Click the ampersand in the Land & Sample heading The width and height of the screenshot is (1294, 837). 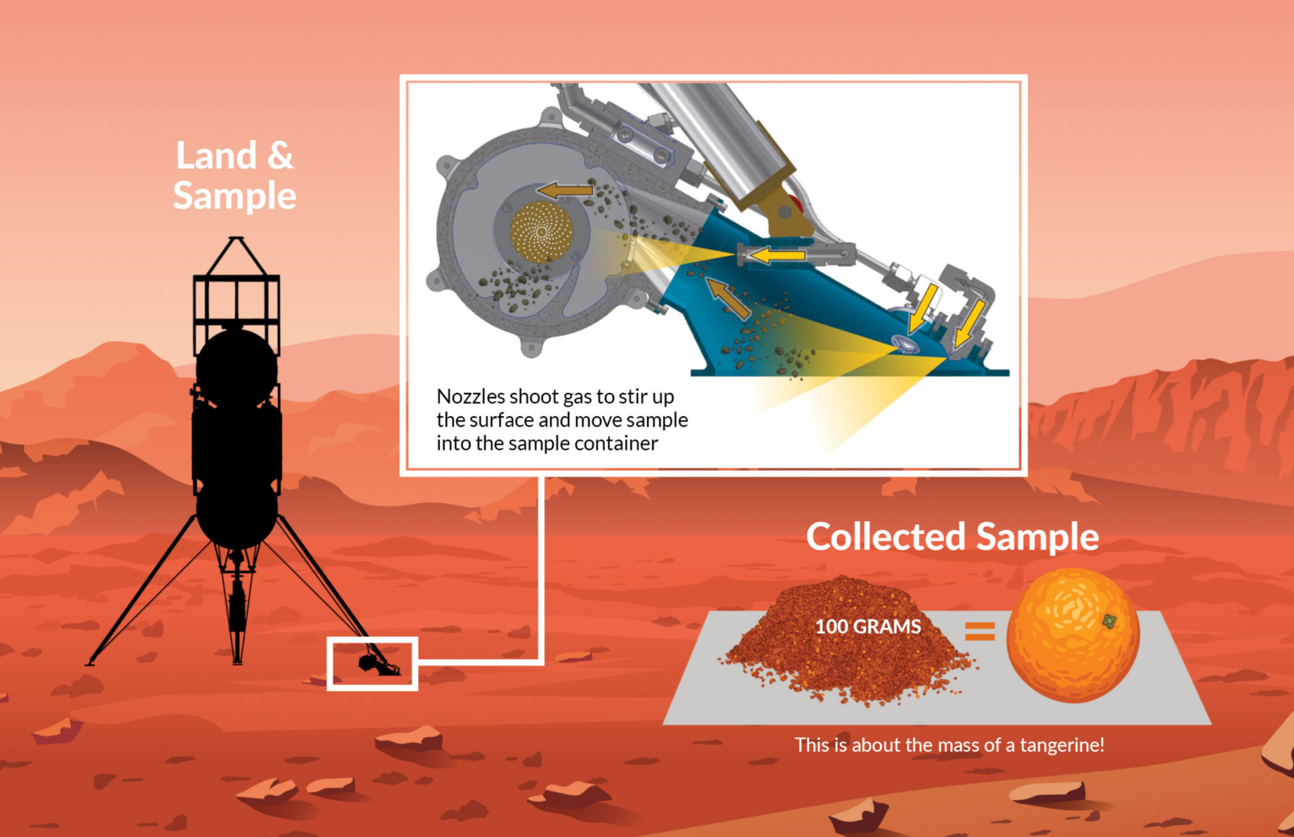click(x=280, y=155)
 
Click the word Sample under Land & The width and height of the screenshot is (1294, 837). click(x=235, y=196)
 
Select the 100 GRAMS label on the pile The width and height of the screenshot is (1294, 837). click(x=868, y=627)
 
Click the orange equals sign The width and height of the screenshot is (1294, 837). click(x=980, y=631)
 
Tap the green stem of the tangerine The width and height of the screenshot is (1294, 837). click(x=1109, y=621)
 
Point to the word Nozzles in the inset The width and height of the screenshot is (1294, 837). click(x=471, y=397)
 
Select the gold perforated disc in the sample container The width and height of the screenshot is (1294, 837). click(x=542, y=232)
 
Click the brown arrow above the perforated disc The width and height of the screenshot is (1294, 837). click(x=565, y=190)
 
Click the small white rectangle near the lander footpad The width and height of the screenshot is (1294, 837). click(x=372, y=664)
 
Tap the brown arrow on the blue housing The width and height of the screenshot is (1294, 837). click(x=728, y=298)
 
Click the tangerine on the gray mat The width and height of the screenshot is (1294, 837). click(x=1073, y=635)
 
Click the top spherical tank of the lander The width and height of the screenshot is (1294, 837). click(x=237, y=367)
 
